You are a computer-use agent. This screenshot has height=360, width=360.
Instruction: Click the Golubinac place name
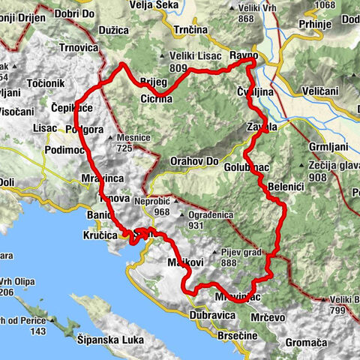coord(246,168)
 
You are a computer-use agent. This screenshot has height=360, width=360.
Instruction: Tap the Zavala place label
coord(262,127)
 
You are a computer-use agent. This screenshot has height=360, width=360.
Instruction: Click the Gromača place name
coord(306,343)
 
